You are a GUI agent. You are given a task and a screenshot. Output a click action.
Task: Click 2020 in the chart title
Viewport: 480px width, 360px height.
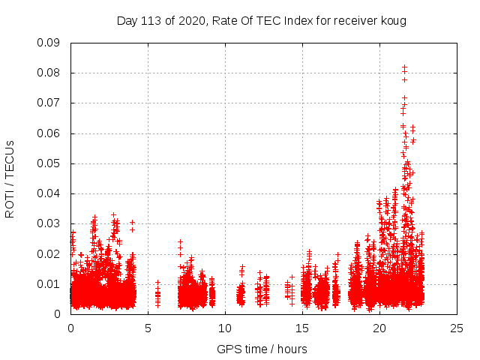click(x=192, y=20)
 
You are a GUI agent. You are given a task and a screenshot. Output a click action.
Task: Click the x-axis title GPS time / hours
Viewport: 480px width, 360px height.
click(x=262, y=349)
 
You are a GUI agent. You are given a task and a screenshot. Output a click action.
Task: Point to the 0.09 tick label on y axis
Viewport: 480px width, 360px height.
click(x=50, y=43)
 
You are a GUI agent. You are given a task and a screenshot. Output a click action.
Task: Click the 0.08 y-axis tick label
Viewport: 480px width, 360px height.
click(x=50, y=73)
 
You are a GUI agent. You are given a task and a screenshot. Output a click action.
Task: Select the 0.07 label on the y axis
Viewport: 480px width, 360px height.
click(x=50, y=103)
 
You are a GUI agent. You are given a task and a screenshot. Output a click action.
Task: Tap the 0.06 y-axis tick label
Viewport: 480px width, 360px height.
click(x=50, y=133)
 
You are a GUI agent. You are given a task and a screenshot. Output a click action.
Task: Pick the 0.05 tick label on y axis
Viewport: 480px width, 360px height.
click(x=50, y=163)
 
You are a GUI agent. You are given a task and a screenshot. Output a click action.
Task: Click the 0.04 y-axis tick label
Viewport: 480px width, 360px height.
click(x=50, y=193)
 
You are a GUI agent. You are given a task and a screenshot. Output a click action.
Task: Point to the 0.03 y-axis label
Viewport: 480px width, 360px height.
click(x=50, y=223)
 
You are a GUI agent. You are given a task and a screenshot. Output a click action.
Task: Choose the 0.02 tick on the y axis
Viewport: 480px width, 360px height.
click(x=50, y=253)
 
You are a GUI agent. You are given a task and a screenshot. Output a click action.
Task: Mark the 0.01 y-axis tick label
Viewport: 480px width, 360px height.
click(x=50, y=284)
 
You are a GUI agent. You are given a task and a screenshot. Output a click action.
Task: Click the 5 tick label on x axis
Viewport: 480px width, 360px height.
click(x=148, y=328)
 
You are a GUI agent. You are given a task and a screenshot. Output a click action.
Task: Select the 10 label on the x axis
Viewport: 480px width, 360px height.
click(x=225, y=328)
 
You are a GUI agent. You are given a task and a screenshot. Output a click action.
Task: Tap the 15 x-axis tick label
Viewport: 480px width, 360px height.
click(x=302, y=328)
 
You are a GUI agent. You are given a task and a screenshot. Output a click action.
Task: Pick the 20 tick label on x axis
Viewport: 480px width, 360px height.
click(x=379, y=328)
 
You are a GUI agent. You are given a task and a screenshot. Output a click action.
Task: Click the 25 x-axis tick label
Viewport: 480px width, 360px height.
click(x=457, y=328)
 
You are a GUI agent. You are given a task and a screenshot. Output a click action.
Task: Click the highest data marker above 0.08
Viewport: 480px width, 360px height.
click(x=404, y=67)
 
